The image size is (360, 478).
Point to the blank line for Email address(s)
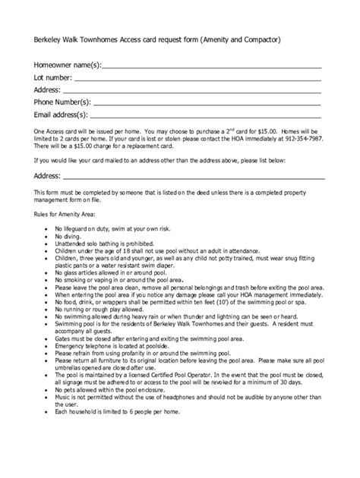tap(205, 116)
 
